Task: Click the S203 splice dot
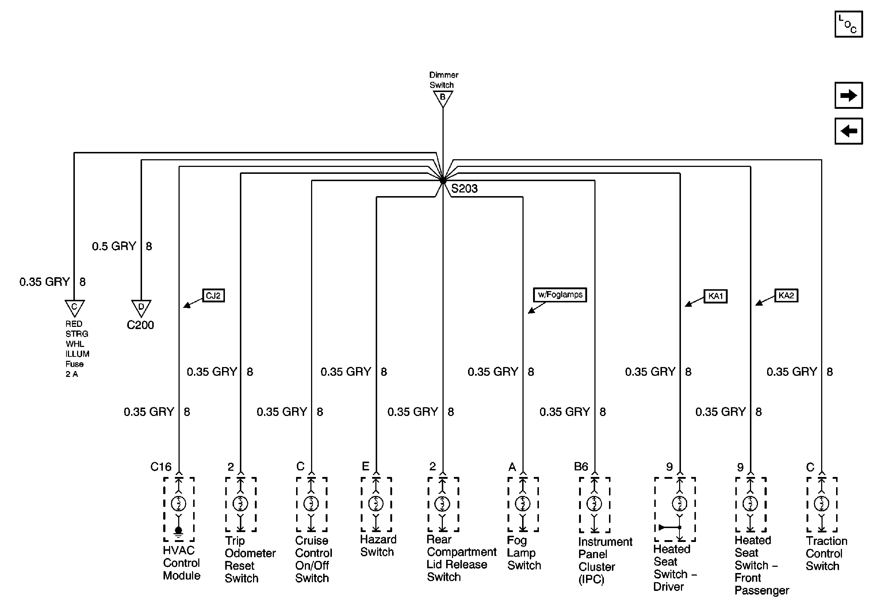tap(443, 181)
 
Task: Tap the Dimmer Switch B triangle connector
tap(443, 98)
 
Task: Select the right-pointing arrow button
tap(849, 95)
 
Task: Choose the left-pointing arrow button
tap(849, 131)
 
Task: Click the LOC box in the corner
tap(849, 24)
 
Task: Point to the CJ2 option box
tap(213, 295)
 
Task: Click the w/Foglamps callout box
tap(560, 295)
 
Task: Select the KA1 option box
tap(715, 296)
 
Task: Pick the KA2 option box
tap(786, 295)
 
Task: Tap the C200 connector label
tap(140, 325)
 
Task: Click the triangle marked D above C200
tap(141, 307)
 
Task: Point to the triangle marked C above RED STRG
tap(74, 307)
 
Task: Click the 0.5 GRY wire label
tap(114, 246)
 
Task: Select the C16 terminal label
tap(161, 467)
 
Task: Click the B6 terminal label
tap(581, 466)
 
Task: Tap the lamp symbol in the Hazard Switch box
tap(376, 504)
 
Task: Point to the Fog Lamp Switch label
tap(524, 553)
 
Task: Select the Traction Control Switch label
tap(826, 554)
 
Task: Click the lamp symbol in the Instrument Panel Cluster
tap(594, 504)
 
